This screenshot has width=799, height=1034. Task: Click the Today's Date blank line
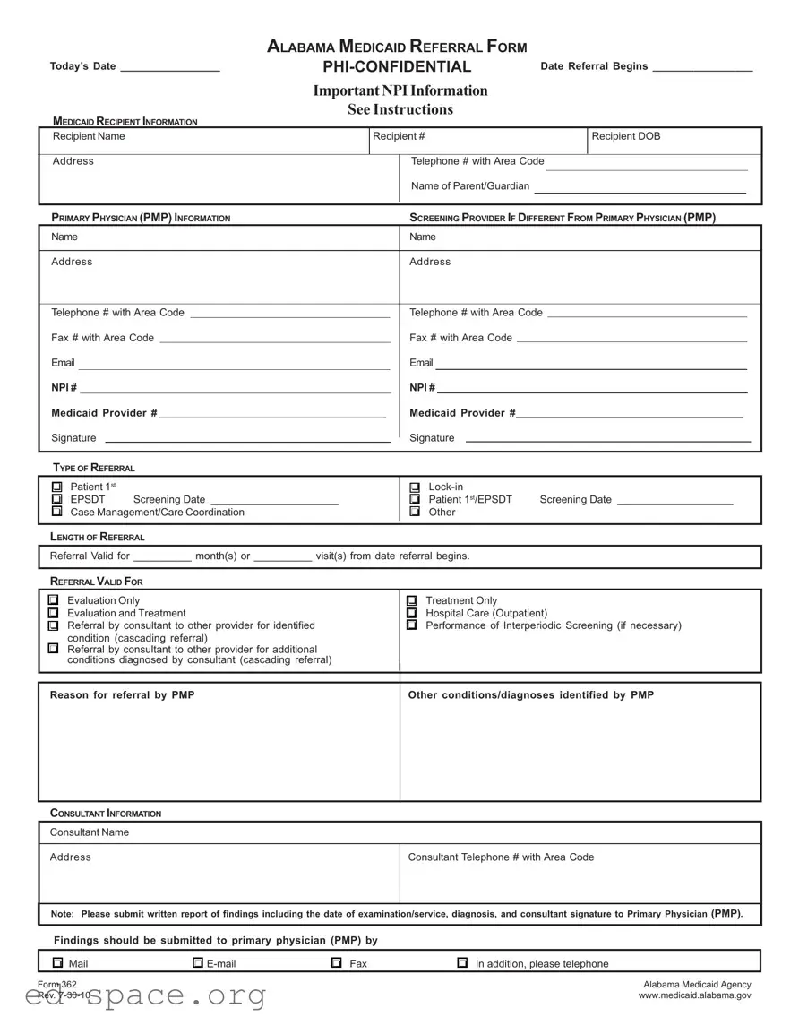tap(169, 68)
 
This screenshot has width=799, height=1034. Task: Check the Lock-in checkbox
tap(415, 487)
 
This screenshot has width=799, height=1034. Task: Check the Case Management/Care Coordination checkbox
tap(57, 512)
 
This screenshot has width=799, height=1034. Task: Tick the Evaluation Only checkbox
tap(54, 600)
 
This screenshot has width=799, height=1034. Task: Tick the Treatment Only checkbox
tap(412, 600)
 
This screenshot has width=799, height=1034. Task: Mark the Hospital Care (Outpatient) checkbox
tap(412, 613)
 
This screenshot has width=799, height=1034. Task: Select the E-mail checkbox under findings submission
tap(198, 963)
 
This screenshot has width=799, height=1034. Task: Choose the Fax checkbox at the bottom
tap(337, 963)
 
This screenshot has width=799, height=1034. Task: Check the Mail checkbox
tap(57, 963)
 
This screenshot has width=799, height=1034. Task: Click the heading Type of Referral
tap(93, 468)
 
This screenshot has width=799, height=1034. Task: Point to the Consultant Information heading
tap(106, 814)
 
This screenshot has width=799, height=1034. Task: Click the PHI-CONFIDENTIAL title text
tap(397, 67)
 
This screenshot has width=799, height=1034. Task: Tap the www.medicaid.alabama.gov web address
tap(694, 995)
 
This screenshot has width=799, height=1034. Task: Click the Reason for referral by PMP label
tap(122, 695)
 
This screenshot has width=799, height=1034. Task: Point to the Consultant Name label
tap(90, 832)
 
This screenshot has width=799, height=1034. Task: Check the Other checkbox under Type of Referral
tap(415, 512)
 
